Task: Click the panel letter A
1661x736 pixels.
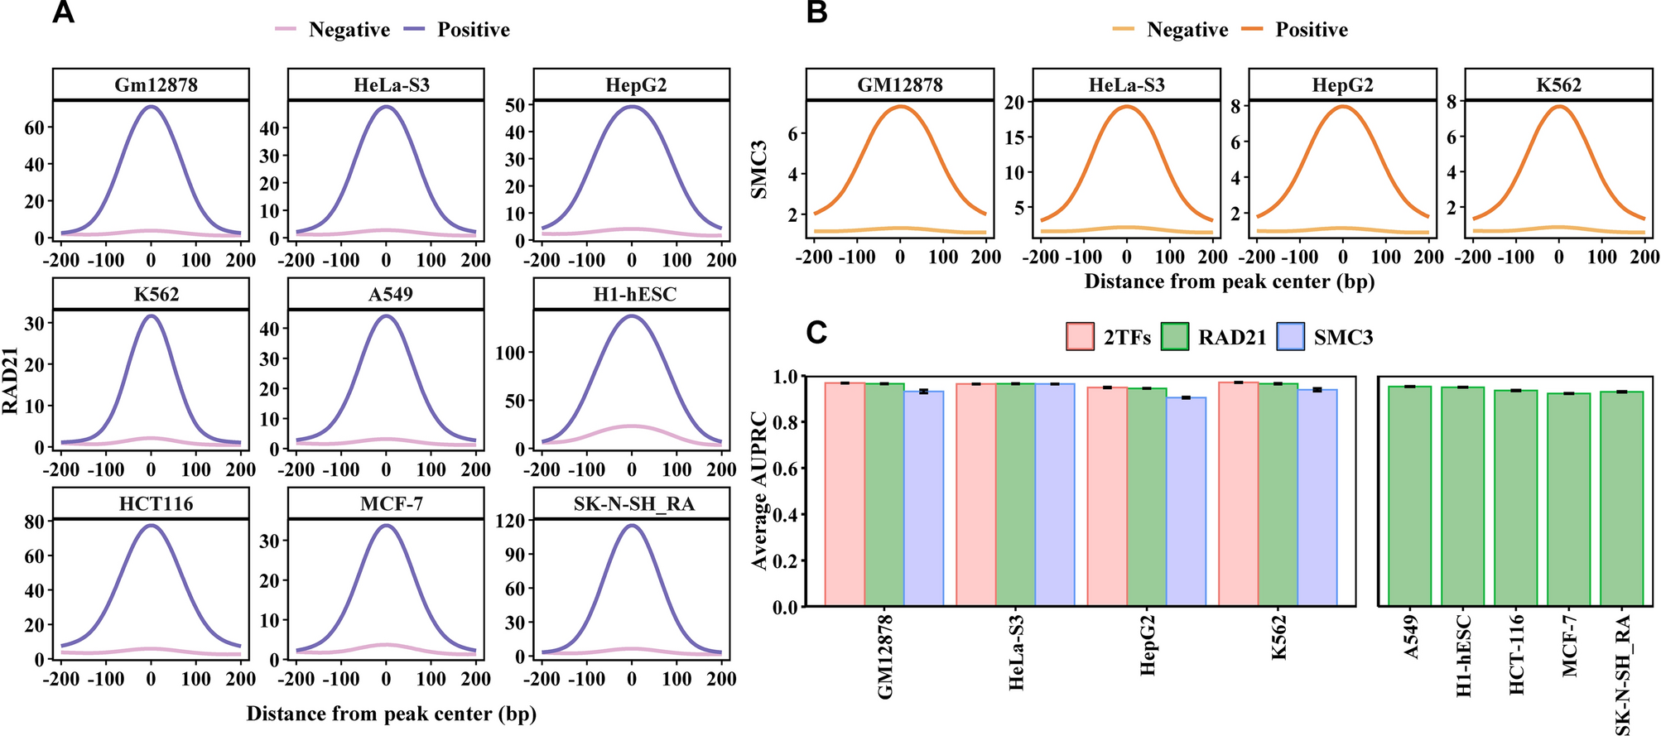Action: tap(63, 12)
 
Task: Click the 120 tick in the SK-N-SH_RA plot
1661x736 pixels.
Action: tap(514, 521)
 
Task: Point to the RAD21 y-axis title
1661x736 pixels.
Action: tap(11, 380)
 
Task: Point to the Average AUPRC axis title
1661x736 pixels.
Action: tap(760, 490)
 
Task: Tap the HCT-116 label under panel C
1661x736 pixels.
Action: tap(1517, 654)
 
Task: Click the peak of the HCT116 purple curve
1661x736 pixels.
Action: tap(152, 525)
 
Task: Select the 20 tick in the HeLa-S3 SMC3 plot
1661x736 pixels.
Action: tap(1014, 102)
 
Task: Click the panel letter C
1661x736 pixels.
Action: tap(816, 333)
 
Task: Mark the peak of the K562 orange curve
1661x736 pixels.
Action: tap(1559, 106)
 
